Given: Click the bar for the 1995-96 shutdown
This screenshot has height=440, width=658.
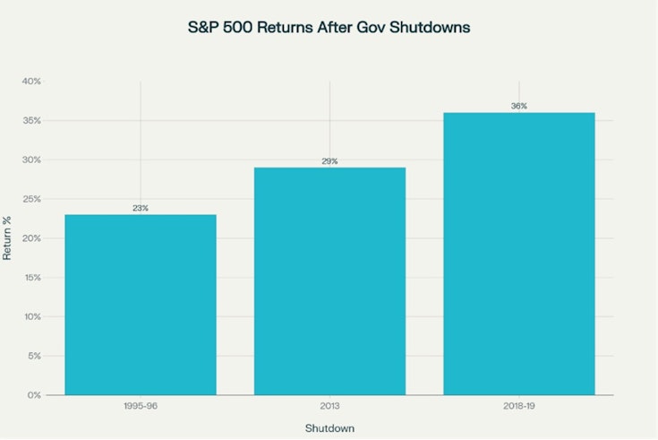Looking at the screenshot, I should tap(141, 305).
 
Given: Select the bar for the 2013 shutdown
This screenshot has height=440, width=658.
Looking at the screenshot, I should tap(329, 281).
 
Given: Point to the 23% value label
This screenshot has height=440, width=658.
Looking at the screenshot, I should tap(141, 208).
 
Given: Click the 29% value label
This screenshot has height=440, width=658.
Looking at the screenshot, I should tap(329, 161).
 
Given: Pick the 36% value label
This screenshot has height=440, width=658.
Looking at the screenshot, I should tap(519, 107).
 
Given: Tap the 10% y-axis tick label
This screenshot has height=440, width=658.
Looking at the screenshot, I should tap(32, 316).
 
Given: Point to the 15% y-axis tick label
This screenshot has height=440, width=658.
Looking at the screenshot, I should tap(32, 278).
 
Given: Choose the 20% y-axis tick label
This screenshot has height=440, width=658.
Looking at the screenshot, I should tap(32, 238).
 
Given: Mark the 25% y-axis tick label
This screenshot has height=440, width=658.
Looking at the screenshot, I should tap(32, 199).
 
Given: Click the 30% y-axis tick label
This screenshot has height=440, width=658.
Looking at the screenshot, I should tap(32, 160).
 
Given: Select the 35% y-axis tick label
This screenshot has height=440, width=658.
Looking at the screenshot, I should tap(32, 121).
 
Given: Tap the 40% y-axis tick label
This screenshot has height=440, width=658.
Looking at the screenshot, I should tap(32, 82).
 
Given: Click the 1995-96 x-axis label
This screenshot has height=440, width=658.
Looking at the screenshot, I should tap(141, 406).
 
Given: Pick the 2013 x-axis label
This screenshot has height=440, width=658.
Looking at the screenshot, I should tap(329, 406).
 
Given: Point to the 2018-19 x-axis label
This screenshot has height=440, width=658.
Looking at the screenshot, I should tap(519, 406).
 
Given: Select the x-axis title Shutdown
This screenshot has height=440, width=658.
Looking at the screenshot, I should tap(329, 428).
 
